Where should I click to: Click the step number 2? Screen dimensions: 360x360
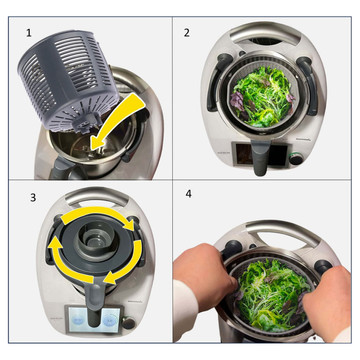tap(187, 32)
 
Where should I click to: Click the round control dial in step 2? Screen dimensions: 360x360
tap(295, 159)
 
